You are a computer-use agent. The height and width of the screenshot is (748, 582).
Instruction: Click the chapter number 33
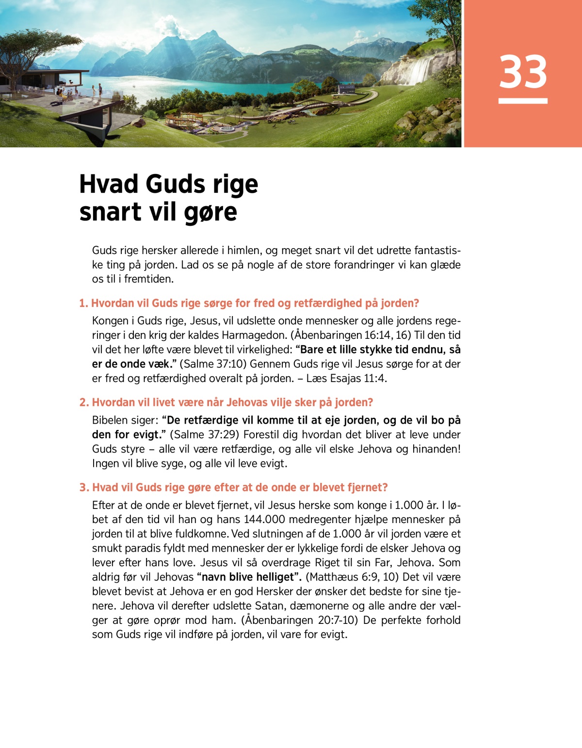pyautogui.click(x=523, y=72)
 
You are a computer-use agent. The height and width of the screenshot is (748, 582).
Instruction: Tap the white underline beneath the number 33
pyautogui.click(x=523, y=101)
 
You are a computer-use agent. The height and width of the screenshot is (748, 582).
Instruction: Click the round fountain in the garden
pyautogui.click(x=226, y=129)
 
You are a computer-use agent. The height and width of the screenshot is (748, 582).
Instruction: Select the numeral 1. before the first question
pyautogui.click(x=83, y=303)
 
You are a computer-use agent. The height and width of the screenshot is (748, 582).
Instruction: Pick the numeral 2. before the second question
pyautogui.click(x=84, y=403)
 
